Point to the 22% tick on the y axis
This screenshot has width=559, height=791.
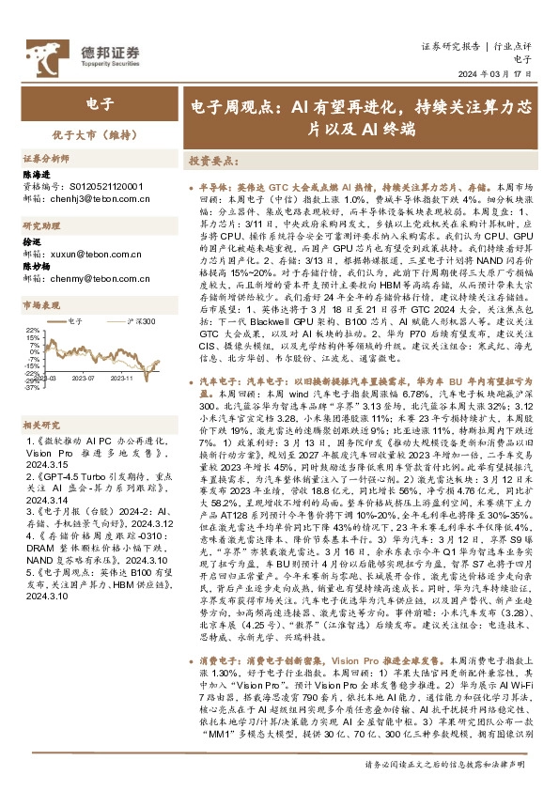point(32,331)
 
